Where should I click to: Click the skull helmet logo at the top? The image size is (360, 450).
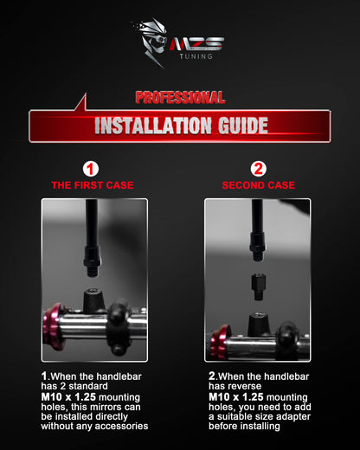(151, 42)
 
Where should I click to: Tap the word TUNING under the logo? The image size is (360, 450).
(196, 56)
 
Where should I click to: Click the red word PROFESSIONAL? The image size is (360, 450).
(180, 98)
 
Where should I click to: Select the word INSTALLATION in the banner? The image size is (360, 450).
(153, 125)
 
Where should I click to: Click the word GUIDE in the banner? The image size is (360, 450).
(243, 125)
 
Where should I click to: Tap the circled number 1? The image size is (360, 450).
(91, 170)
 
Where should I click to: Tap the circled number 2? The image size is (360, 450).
(258, 169)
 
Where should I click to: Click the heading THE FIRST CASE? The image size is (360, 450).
(93, 185)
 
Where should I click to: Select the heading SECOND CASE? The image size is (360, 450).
(259, 185)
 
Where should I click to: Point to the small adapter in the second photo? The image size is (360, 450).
(258, 286)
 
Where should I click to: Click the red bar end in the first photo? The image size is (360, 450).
(54, 326)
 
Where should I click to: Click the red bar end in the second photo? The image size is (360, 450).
(220, 343)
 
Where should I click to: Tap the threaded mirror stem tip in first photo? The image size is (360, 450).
(92, 271)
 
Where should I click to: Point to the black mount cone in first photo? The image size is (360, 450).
(93, 301)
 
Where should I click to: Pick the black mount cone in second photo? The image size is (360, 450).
(260, 325)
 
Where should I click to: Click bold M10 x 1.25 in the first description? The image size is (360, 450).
(68, 397)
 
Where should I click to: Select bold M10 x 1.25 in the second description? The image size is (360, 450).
(236, 397)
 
